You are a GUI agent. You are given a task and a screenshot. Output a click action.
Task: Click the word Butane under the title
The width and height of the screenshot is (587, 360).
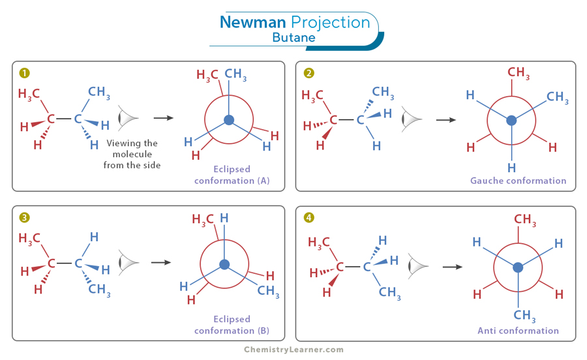(293, 38)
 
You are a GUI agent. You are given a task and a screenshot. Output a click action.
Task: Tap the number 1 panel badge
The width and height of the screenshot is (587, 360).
(24, 73)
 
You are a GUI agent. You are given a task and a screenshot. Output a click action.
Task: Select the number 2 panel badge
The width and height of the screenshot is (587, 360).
(309, 73)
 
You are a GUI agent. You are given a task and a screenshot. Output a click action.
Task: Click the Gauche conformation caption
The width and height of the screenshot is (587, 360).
(519, 181)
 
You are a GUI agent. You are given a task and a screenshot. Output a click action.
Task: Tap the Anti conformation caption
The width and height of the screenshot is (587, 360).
(518, 331)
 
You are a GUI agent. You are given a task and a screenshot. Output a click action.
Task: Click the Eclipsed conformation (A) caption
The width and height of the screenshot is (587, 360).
(232, 175)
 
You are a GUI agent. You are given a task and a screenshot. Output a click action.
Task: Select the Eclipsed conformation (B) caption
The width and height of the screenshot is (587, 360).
(232, 325)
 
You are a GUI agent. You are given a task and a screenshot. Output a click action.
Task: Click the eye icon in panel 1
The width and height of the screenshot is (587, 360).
(128, 118)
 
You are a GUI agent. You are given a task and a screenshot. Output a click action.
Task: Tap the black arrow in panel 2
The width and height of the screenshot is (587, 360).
(446, 120)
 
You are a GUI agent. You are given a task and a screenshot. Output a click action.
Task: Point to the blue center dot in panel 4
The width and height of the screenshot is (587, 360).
(518, 267)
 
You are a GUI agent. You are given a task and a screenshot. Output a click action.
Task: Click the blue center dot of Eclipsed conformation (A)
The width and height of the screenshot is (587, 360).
(228, 120)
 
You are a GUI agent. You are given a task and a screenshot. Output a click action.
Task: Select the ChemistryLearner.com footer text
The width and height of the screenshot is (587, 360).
(293, 350)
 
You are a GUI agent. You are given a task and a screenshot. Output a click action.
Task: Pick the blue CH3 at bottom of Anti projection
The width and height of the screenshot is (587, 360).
(524, 316)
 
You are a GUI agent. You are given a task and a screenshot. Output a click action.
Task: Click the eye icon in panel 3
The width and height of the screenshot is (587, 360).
(128, 262)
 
